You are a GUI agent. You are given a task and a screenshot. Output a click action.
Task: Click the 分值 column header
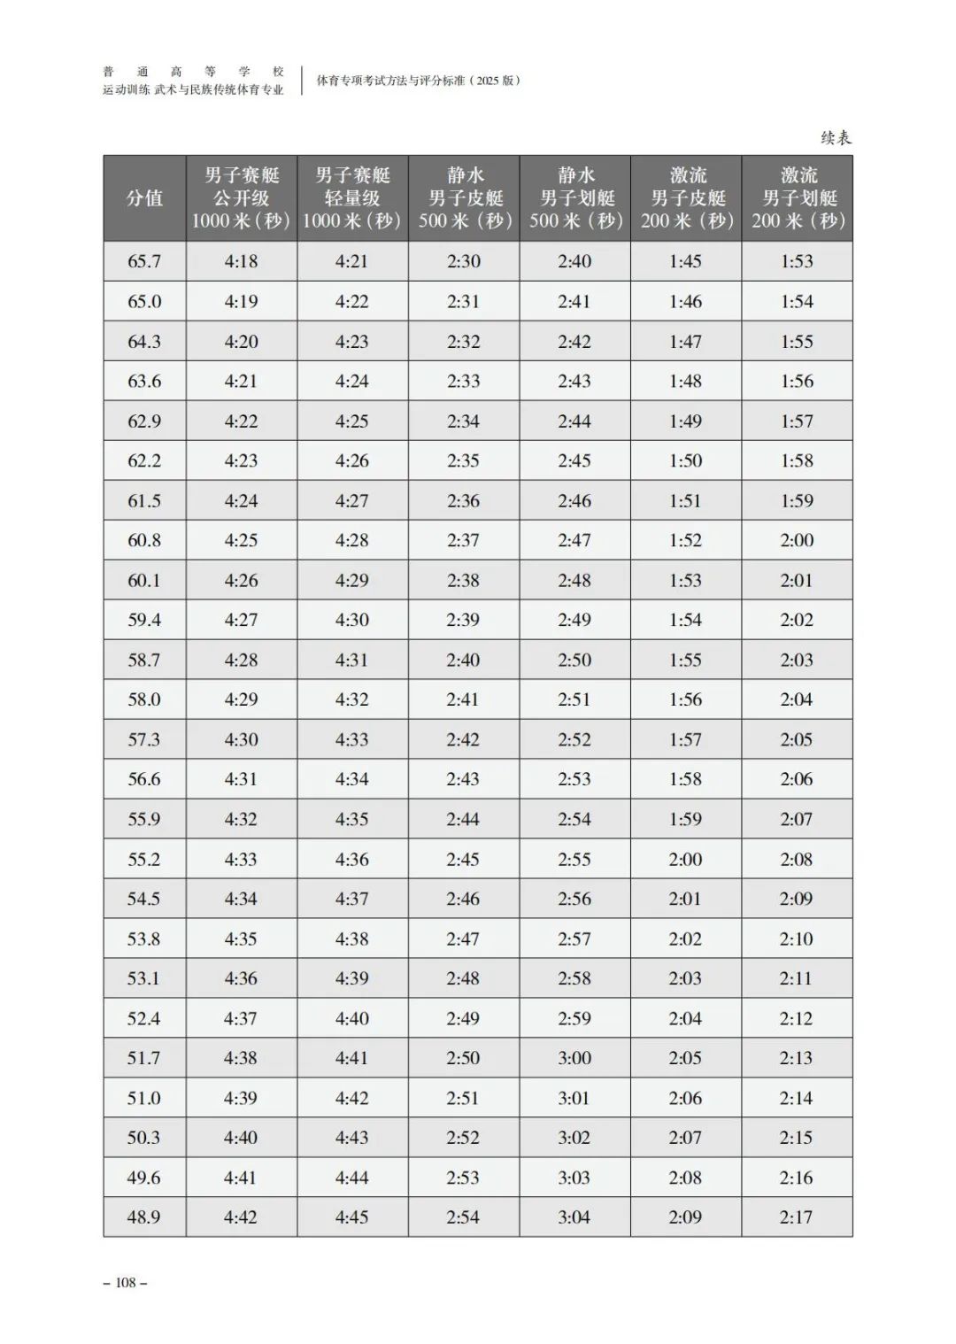pyautogui.click(x=144, y=198)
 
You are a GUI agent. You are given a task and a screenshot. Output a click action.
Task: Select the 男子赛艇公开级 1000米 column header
pyautogui.click(x=241, y=198)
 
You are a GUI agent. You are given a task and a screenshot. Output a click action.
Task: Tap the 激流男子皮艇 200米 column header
pyautogui.click(x=687, y=198)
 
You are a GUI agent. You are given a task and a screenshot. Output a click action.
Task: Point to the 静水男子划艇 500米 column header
pyautogui.click(x=575, y=198)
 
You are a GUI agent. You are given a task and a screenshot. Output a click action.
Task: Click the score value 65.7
pyautogui.click(x=144, y=261)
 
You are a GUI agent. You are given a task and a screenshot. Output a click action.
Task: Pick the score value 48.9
pyautogui.click(x=143, y=1217)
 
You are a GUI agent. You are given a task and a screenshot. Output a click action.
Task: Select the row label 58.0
pyautogui.click(x=144, y=699)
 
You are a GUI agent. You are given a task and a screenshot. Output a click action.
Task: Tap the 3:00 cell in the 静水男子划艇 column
pyautogui.click(x=574, y=1058)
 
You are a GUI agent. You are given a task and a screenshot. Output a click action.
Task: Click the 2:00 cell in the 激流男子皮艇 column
pyautogui.click(x=685, y=859)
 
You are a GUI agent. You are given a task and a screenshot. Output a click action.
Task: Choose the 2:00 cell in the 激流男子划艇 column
pyautogui.click(x=797, y=540)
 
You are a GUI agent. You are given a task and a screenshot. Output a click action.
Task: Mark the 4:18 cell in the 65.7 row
pyautogui.click(x=241, y=261)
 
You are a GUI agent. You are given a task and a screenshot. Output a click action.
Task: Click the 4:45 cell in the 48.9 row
pyautogui.click(x=351, y=1217)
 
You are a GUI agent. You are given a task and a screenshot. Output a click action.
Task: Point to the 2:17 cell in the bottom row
pyautogui.click(x=796, y=1217)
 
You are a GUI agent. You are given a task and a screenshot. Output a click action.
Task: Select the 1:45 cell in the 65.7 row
pyautogui.click(x=685, y=261)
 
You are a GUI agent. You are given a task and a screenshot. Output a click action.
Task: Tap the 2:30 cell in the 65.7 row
pyautogui.click(x=463, y=261)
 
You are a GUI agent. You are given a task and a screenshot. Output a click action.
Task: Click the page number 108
pyautogui.click(x=126, y=1282)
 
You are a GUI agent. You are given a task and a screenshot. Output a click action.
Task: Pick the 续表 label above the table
pyautogui.click(x=836, y=137)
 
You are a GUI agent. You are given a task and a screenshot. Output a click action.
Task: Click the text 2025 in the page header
pyautogui.click(x=487, y=81)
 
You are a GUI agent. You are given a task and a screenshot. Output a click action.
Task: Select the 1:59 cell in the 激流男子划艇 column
pyautogui.click(x=797, y=500)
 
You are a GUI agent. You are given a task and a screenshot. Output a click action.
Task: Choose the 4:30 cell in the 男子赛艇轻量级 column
pyautogui.click(x=351, y=620)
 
